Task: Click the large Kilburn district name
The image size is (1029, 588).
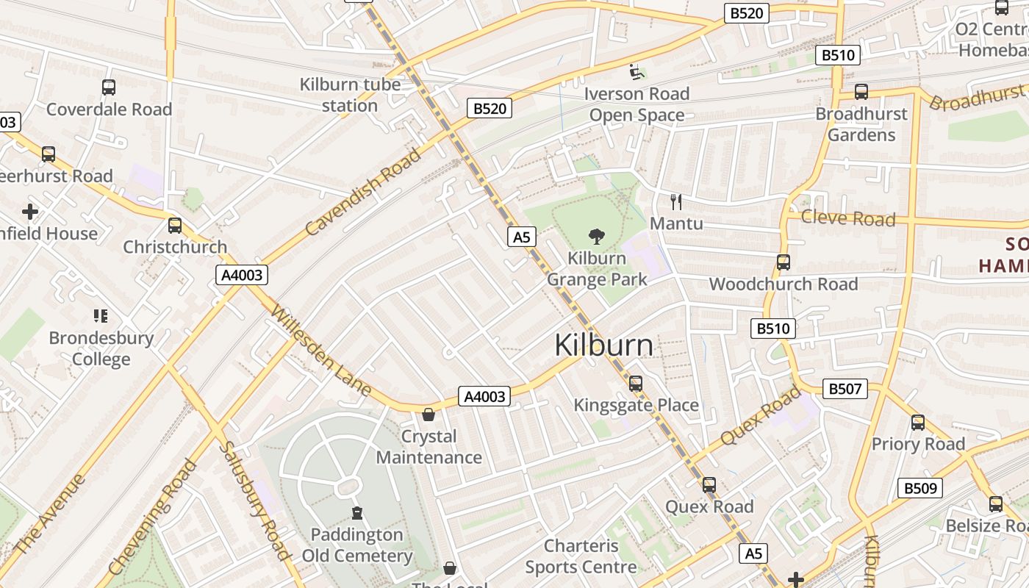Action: pyautogui.click(x=603, y=345)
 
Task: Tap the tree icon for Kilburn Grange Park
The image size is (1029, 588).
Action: pyautogui.click(x=597, y=237)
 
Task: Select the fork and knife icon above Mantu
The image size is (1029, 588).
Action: pyautogui.click(x=676, y=201)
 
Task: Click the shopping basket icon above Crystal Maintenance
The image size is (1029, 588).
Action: pyautogui.click(x=429, y=415)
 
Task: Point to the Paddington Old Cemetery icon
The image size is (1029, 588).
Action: pyautogui.click(x=357, y=512)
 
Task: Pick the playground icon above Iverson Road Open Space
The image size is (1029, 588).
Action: pyautogui.click(x=637, y=72)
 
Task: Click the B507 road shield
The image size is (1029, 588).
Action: pyautogui.click(x=845, y=389)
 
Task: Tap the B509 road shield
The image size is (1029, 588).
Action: pyautogui.click(x=919, y=488)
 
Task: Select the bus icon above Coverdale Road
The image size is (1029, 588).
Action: pyautogui.click(x=109, y=87)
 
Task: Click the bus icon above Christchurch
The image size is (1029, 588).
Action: pyautogui.click(x=175, y=226)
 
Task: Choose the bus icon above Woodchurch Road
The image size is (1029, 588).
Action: pyautogui.click(x=784, y=262)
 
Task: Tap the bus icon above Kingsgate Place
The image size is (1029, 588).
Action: pyautogui.click(x=636, y=384)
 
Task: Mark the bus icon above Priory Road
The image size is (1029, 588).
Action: pyautogui.click(x=918, y=423)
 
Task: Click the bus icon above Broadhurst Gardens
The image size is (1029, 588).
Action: pyautogui.click(x=861, y=93)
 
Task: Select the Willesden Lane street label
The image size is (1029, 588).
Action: pyautogui.click(x=320, y=351)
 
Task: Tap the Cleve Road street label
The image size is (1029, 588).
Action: pyautogui.click(x=847, y=218)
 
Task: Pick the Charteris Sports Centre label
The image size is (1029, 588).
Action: pyautogui.click(x=581, y=556)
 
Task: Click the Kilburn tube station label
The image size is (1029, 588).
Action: pyautogui.click(x=350, y=95)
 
